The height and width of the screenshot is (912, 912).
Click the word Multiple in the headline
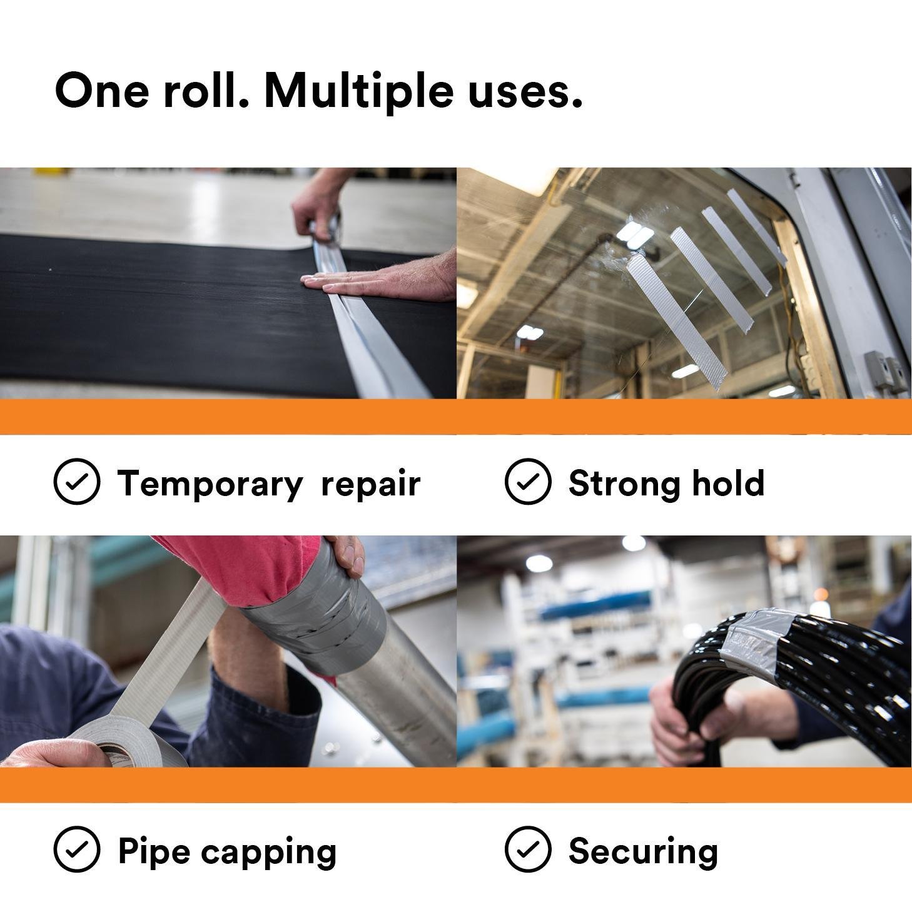coord(359,92)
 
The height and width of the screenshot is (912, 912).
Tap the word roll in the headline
coord(206,90)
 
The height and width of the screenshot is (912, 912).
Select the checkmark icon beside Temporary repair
coord(77,481)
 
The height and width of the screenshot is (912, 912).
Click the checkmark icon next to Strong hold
coord(528,481)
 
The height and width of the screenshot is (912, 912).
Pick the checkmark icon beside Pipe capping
coord(77,850)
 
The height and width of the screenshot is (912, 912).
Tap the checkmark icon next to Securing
coord(528,850)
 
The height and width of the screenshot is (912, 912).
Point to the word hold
coord(728,483)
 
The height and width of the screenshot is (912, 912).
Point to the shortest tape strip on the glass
coord(757,227)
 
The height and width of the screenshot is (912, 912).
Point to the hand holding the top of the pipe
coord(343,554)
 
